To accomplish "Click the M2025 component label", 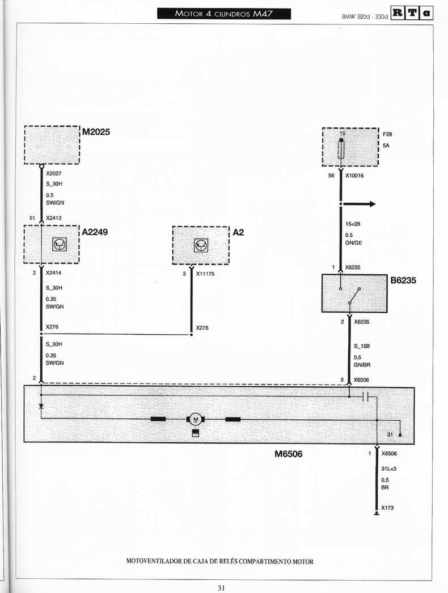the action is [96, 132].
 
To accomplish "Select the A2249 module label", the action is [95, 232].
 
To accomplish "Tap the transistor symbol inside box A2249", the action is [60, 244].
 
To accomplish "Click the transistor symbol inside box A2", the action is [201, 245].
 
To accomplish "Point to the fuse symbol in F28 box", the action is [341, 149].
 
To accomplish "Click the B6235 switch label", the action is [403, 280].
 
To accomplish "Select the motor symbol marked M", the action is [196, 419].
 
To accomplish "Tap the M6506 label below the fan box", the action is [289, 454].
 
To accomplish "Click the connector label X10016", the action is [354, 176].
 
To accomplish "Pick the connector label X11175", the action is [205, 274].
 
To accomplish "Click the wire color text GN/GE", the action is [353, 243].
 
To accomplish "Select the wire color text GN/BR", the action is [362, 365].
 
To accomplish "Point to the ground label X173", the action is [387, 508].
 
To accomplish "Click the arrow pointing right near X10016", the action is [358, 204].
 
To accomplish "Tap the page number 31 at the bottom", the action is [222, 587].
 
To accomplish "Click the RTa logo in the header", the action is [412, 14].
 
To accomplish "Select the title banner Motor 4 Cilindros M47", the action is [224, 14].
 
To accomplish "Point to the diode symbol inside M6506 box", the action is [41, 407].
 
